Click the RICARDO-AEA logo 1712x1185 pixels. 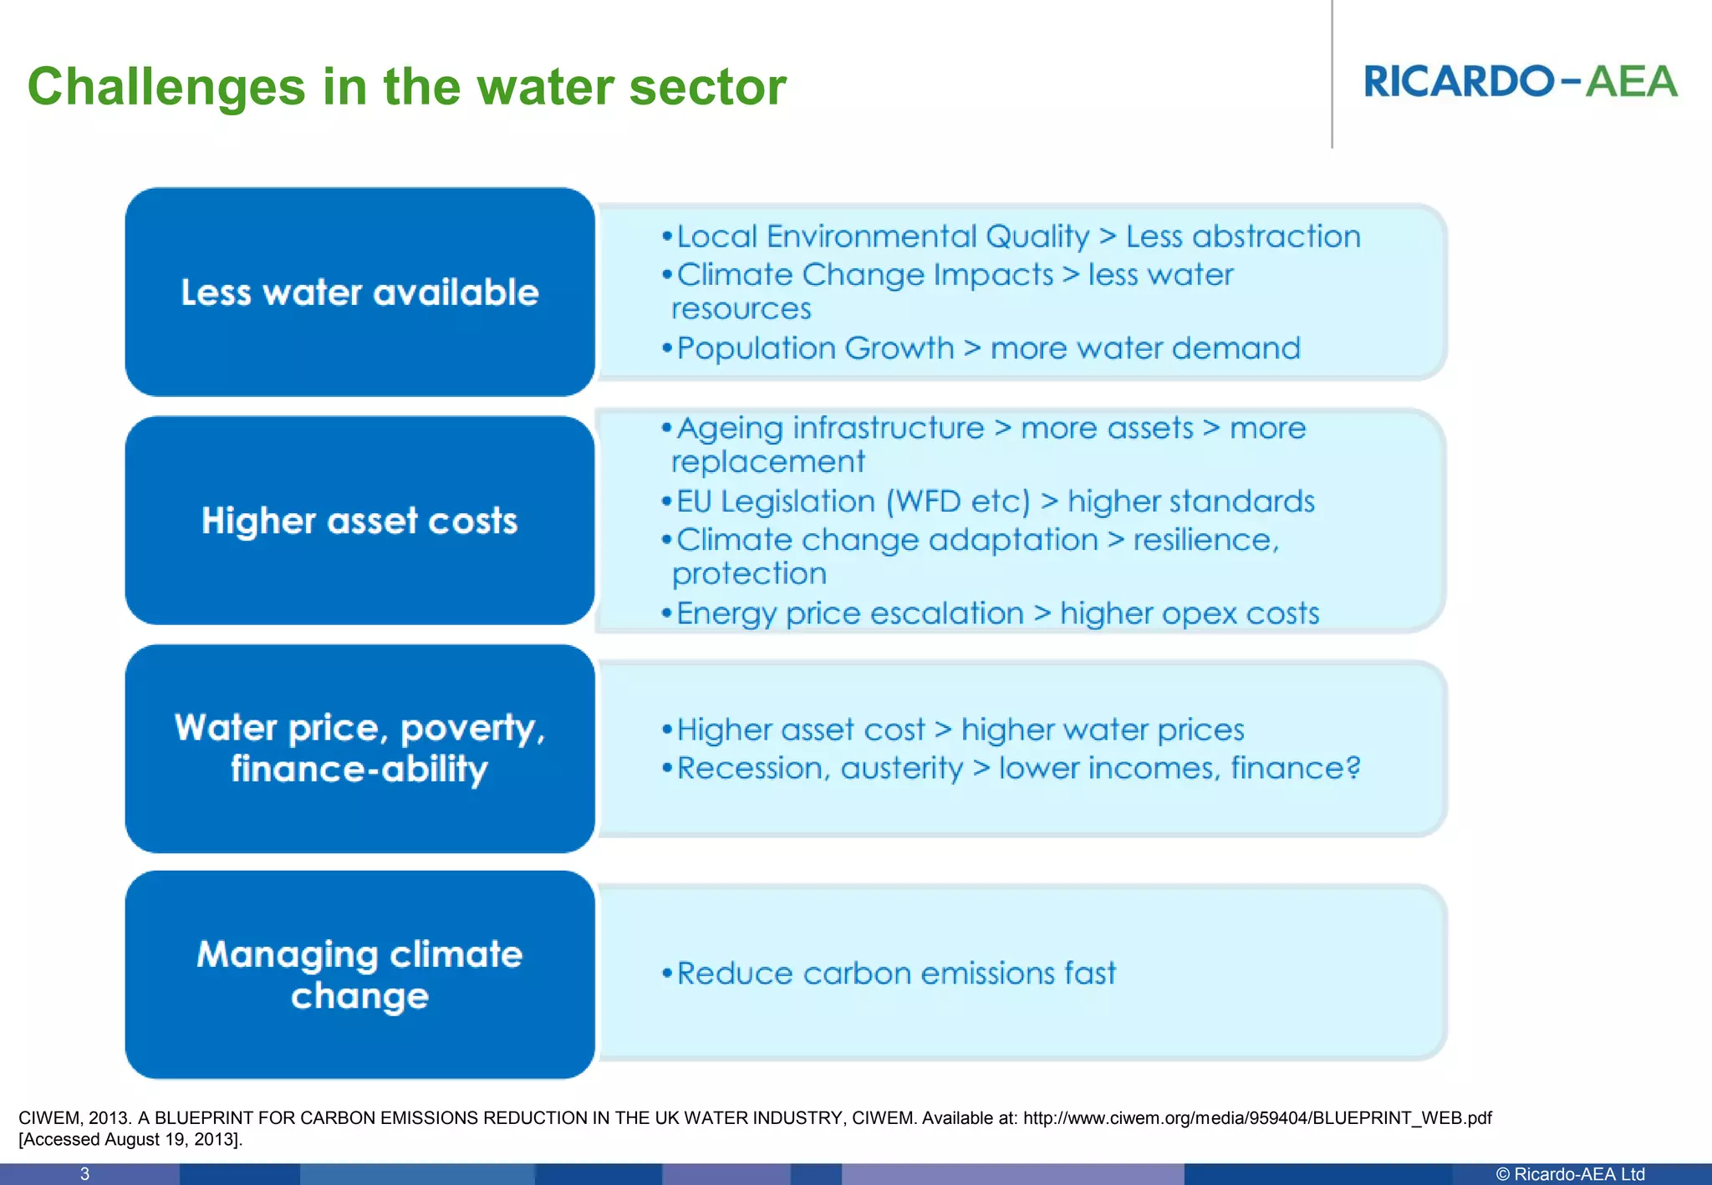[x=1520, y=82]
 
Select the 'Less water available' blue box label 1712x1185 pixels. [x=359, y=292]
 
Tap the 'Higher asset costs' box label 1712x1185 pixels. [x=359, y=521]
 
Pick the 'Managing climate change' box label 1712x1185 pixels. [x=359, y=974]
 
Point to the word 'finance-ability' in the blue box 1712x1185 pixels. [x=359, y=769]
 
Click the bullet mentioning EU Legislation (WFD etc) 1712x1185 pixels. [x=995, y=501]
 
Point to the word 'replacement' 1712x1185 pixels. [x=767, y=462]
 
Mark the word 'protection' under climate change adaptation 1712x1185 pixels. [x=749, y=574]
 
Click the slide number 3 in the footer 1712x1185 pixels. [x=84, y=1174]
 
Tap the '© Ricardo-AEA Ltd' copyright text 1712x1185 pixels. [x=1569, y=1174]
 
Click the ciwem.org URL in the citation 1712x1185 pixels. [x=1256, y=1118]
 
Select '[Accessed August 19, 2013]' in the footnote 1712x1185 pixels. [x=130, y=1140]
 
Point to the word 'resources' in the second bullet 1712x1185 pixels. [x=741, y=309]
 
